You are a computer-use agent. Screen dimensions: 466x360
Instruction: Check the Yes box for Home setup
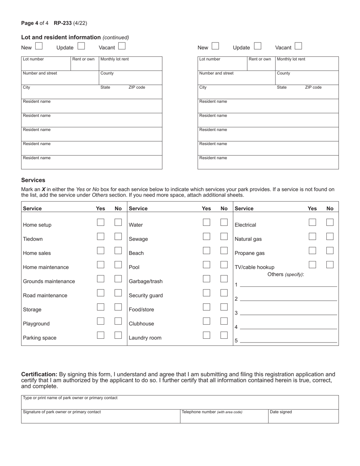100,222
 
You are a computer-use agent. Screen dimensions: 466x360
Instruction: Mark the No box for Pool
224,265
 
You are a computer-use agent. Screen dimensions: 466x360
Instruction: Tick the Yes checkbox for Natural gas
312,236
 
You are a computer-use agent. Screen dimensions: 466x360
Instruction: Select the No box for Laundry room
224,335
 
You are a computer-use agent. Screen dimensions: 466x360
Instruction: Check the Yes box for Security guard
207,293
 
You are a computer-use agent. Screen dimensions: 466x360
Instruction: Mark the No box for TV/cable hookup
330,264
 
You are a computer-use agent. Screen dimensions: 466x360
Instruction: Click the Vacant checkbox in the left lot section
122,46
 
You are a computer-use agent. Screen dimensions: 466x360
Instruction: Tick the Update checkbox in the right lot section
258,46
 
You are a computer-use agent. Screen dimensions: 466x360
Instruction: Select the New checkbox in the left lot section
39,46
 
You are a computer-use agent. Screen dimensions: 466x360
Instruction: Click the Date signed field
303,417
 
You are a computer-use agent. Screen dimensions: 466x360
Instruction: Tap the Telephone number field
224,417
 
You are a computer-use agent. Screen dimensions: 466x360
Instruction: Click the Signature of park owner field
100,417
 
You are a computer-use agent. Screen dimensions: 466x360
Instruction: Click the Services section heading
33,180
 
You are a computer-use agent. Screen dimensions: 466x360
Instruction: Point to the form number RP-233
63,23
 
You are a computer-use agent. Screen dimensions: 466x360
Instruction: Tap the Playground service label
36,324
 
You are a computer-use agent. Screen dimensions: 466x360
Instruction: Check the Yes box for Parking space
100,335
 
